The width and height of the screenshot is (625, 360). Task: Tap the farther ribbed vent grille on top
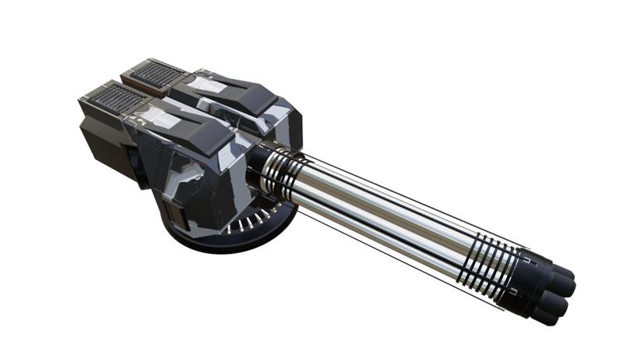(159, 75)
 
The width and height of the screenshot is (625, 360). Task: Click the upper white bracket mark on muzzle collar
(527, 254)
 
